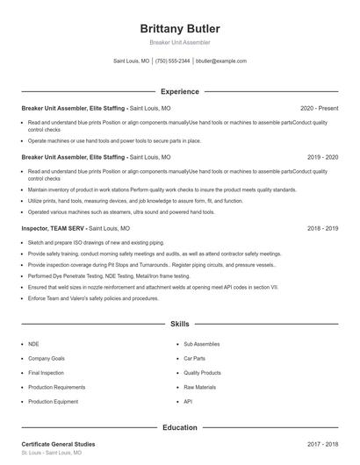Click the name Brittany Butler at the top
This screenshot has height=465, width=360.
coord(179,28)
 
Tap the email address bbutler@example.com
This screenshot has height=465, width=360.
coord(221,61)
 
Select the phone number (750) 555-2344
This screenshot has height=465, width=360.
coord(172,61)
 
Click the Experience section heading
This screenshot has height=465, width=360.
coord(179,91)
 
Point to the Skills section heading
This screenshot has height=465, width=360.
coord(179,324)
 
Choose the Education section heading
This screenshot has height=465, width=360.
coord(179,427)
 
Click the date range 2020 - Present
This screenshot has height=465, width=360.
coord(319,108)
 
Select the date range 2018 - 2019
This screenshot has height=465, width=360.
coord(322,228)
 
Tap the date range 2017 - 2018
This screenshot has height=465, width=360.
coord(322,444)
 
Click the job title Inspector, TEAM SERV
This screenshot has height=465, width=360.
coord(54,228)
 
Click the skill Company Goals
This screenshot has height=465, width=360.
coord(46,359)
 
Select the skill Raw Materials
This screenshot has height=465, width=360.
coord(199,387)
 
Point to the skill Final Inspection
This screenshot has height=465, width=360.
coord(46,373)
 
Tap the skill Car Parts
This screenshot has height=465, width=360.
coord(194,359)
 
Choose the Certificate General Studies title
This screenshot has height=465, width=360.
coord(58,444)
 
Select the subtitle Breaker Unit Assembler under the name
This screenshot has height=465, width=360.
coord(179,42)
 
